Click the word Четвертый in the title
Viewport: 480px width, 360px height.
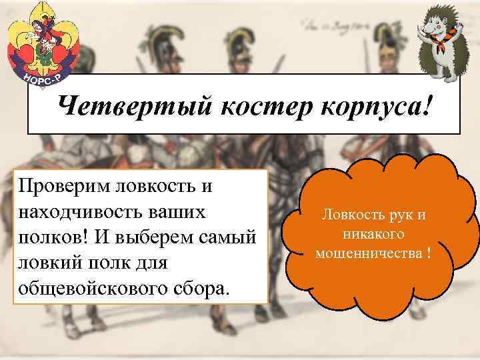pos(119,105)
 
